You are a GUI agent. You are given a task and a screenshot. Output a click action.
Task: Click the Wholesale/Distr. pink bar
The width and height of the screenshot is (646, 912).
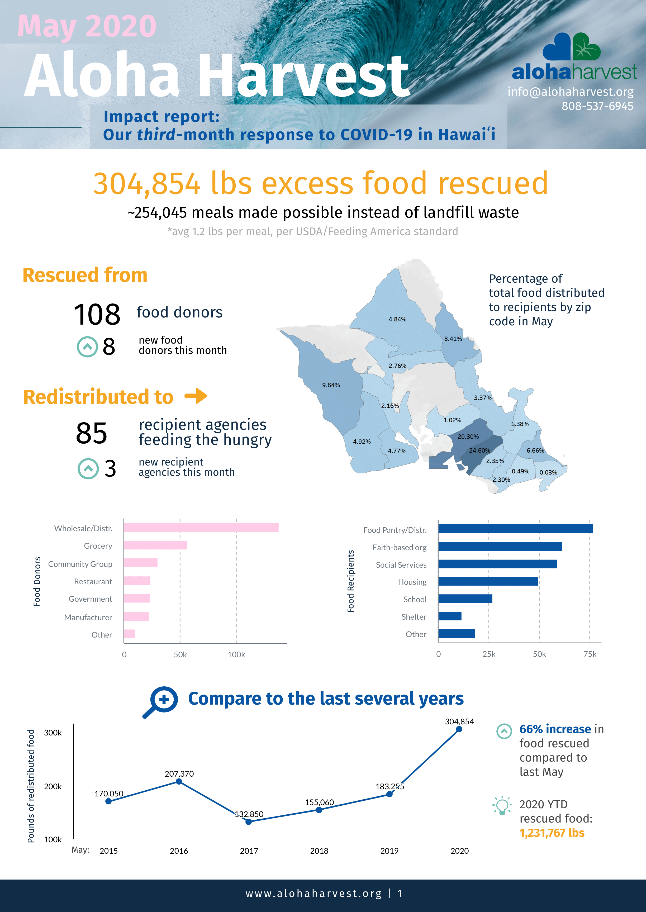coord(201,528)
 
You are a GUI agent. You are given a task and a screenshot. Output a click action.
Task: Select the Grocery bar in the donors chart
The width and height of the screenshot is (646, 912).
coord(155,545)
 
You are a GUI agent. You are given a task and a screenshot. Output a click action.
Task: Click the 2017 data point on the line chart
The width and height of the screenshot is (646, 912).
coord(249,822)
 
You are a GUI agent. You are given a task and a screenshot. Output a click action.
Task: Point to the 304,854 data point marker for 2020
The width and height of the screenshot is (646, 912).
coord(459,729)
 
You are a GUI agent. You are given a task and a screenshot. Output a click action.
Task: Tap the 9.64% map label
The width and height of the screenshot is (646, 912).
coord(331,385)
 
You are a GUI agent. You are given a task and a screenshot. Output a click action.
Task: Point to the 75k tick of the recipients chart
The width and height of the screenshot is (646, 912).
coord(590,654)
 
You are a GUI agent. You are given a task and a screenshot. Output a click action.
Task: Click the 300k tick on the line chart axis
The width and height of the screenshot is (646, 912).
coord(53,733)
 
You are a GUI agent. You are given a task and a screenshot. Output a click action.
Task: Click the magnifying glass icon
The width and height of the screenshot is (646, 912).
coord(161,701)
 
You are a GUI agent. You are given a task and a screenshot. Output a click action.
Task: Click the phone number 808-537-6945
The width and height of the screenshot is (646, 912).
coord(597,106)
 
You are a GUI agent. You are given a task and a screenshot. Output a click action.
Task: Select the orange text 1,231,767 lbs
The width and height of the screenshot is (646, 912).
coord(552,833)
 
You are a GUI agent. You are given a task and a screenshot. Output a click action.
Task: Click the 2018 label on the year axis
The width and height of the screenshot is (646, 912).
coord(319,851)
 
